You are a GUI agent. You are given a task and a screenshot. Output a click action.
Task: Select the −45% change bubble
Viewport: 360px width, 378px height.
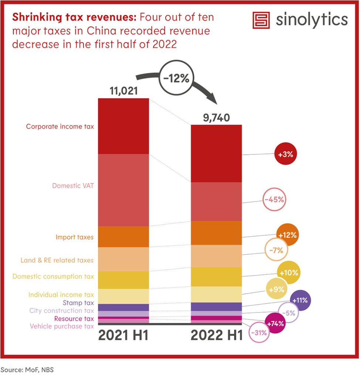click(274, 200)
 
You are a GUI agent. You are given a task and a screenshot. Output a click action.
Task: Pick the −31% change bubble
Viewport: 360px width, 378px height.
click(258, 333)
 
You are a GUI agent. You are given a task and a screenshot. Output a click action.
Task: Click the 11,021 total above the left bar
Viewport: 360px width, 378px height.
click(123, 91)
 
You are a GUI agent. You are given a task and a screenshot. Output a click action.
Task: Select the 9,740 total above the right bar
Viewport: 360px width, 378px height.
click(216, 117)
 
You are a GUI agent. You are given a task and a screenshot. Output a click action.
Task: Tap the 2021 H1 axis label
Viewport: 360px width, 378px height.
click(123, 336)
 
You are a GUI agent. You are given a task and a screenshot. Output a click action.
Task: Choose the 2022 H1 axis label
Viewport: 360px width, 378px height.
click(217, 336)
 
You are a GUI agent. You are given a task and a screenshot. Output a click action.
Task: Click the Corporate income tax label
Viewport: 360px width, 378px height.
click(60, 126)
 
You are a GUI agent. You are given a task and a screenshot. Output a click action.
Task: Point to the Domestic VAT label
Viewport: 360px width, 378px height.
click(73, 186)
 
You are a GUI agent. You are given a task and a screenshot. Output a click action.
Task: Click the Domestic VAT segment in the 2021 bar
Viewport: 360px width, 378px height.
click(123, 190)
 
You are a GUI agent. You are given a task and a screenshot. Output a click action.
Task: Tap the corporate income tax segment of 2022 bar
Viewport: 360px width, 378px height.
click(216, 153)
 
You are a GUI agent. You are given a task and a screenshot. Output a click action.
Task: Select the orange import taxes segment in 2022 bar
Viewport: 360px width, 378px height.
click(216, 233)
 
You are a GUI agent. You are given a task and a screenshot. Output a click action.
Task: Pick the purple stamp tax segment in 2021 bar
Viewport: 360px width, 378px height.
click(123, 307)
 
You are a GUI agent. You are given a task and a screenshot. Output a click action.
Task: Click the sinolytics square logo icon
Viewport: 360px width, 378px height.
click(261, 20)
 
